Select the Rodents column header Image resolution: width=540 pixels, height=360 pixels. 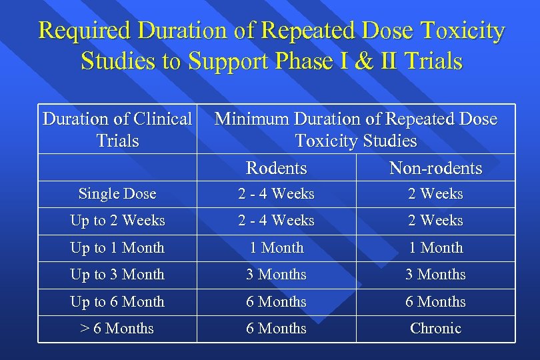pyautogui.click(x=276, y=168)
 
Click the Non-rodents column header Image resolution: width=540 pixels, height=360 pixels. pyautogui.click(x=435, y=168)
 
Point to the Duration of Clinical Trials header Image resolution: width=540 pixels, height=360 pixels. pyautogui.click(x=117, y=130)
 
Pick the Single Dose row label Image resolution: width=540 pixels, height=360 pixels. pyautogui.click(x=117, y=194)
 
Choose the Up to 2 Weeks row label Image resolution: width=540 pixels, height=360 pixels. pyautogui.click(x=117, y=221)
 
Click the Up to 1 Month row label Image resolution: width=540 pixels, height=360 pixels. pyautogui.click(x=117, y=248)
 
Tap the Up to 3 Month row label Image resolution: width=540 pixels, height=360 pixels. pyautogui.click(x=117, y=275)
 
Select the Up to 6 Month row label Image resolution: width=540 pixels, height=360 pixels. pyautogui.click(x=117, y=302)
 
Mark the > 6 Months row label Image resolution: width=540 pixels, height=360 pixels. pyautogui.click(x=117, y=329)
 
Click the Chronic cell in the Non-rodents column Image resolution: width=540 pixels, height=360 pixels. pyautogui.click(x=435, y=329)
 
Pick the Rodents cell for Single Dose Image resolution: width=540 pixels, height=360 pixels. pyautogui.click(x=276, y=194)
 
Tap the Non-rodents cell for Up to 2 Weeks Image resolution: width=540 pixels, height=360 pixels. pyautogui.click(x=435, y=221)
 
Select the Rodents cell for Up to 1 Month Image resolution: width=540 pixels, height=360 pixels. pyautogui.click(x=276, y=248)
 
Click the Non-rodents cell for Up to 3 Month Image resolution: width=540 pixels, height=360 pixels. pyautogui.click(x=435, y=275)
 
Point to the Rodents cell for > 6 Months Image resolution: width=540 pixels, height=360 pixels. pyautogui.click(x=276, y=329)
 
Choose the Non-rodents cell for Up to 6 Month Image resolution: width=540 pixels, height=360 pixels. pyautogui.click(x=435, y=302)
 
